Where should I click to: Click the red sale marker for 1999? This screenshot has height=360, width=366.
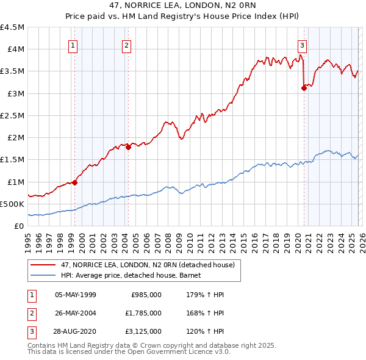click(75, 182)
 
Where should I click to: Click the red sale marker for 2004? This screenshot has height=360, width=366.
click(129, 146)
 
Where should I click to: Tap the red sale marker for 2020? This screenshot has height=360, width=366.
click(304, 88)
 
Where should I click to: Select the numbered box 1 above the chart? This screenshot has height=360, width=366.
click(73, 45)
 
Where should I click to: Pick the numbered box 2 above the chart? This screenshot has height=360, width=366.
click(126, 45)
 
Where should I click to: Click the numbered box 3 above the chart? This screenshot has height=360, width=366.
click(301, 45)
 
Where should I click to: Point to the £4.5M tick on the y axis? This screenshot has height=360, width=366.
click(12, 27)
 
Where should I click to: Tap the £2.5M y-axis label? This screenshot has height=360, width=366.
click(12, 115)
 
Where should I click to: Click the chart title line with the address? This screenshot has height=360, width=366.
click(182, 6)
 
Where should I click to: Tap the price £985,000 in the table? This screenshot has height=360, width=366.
click(146, 294)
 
